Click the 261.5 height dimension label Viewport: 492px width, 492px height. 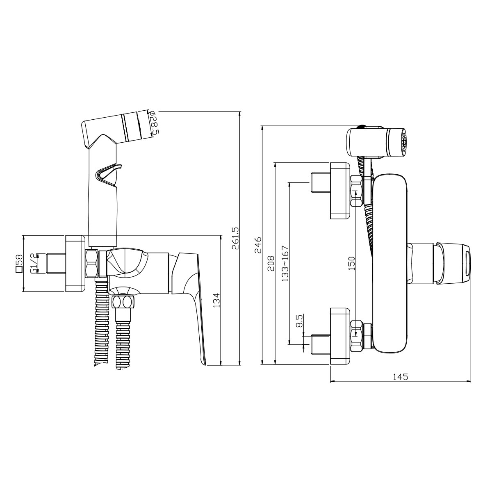(x=235, y=238)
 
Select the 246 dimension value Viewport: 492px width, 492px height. (x=258, y=245)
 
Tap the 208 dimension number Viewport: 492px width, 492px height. (x=270, y=263)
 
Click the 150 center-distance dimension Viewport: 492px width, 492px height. (x=351, y=263)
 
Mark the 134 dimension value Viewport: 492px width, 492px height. (x=216, y=300)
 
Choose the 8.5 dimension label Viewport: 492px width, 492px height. (x=299, y=321)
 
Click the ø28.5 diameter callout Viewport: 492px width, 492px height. (x=155, y=124)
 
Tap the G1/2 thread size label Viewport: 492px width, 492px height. (x=33, y=263)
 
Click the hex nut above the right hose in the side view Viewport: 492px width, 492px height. (x=123, y=302)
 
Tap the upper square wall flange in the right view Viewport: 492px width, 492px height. (x=340, y=191)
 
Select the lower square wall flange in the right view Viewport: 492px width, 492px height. (x=340, y=336)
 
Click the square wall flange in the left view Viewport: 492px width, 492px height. (x=75, y=263)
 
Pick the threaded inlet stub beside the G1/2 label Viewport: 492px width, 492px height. (x=56, y=263)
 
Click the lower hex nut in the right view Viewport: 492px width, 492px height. (x=356, y=337)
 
